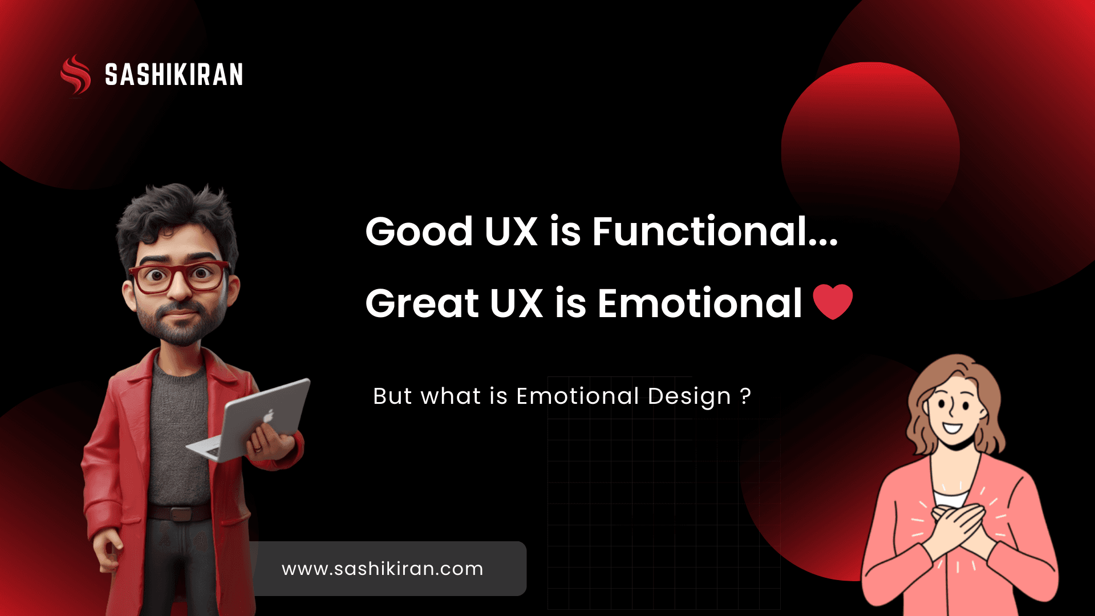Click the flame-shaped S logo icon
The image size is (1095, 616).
pos(75,74)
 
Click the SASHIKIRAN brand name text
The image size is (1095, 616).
pos(174,75)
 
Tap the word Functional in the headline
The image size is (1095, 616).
pos(700,232)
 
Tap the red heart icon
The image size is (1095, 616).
pos(833,301)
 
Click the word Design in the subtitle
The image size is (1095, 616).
pos(689,396)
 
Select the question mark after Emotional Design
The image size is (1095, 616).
pos(745,396)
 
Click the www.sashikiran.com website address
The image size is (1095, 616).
pos(382,569)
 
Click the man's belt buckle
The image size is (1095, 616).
pos(180,513)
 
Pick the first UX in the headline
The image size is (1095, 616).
pos(510,232)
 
